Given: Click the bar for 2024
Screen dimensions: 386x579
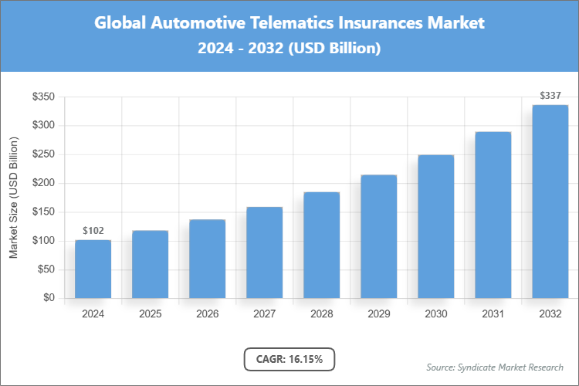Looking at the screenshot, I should tap(93, 269).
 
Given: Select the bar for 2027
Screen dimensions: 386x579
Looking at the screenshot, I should tap(264, 252).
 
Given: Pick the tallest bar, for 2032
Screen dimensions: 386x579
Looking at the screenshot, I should tap(550, 201).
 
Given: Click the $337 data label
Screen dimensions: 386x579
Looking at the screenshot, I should tap(550, 96).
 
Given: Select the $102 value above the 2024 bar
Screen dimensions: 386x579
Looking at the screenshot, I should tap(93, 231).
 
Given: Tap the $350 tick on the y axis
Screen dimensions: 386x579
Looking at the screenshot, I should tap(43, 96).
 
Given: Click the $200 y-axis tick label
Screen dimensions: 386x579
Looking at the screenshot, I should tap(43, 183).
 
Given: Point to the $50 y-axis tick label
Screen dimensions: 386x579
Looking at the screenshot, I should tap(46, 269).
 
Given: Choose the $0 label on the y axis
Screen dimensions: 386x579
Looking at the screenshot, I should tap(49, 298).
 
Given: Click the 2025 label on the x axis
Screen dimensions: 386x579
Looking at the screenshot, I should tap(150, 314).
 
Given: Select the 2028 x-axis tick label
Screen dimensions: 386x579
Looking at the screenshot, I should tap(321, 314).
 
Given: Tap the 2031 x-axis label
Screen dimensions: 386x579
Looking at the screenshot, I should tap(493, 314).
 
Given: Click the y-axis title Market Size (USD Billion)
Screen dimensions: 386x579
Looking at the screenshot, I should tap(13, 198).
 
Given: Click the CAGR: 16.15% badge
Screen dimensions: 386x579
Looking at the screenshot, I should tap(289, 359).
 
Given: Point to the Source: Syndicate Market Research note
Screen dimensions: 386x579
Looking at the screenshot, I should tap(495, 367).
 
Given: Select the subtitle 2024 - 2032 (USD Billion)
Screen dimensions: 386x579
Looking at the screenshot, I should tap(289, 48).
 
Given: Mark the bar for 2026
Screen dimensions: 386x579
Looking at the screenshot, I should tap(207, 259).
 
